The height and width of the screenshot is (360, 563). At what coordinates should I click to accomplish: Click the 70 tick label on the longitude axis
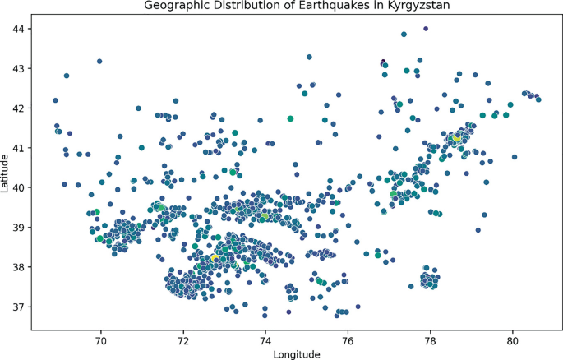[x=101, y=338]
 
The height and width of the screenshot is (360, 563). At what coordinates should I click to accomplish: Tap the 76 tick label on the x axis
[x=348, y=338]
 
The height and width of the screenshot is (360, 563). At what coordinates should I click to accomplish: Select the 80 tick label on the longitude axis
[x=512, y=338]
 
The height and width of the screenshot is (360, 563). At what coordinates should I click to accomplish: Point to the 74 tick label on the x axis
[x=265, y=338]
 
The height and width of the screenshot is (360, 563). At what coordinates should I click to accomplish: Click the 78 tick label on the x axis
[x=430, y=338]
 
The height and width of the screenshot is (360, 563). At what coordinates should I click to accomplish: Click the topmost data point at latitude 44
[x=425, y=29]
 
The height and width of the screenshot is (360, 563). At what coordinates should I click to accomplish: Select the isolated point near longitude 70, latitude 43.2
[x=99, y=61]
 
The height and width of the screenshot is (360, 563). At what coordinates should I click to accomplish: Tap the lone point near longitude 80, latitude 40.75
[x=515, y=157]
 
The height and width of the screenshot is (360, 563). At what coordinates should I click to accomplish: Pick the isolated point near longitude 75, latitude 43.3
[x=309, y=57]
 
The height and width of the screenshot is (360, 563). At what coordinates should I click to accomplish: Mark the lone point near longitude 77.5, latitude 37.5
[x=411, y=287]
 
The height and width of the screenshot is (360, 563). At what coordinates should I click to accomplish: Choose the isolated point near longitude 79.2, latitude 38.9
[x=478, y=230]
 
